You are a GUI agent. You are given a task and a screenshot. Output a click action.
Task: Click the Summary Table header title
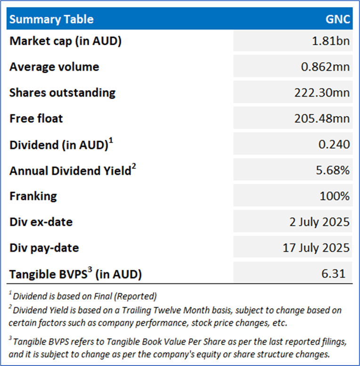(x=51, y=19)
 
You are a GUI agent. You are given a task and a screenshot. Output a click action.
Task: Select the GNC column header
(x=338, y=19)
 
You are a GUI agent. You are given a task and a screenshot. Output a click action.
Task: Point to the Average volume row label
(x=54, y=67)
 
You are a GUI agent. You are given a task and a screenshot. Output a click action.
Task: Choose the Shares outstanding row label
(x=62, y=92)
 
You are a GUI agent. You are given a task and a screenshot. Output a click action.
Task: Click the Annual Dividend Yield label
(x=70, y=170)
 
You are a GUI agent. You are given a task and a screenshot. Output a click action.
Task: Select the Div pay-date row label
(x=44, y=247)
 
